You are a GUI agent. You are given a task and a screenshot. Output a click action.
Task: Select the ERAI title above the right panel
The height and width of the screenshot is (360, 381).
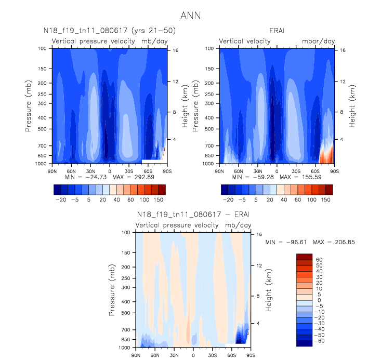pyautogui.click(x=277, y=31)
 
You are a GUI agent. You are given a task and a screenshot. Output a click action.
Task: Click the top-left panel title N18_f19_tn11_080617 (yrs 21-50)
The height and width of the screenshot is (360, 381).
pyautogui.click(x=109, y=31)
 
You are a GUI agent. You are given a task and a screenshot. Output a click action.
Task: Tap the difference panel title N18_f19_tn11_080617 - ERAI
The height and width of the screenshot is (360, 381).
pyautogui.click(x=193, y=215)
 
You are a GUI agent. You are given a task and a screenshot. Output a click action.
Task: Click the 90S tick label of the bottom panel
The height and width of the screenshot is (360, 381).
pyautogui.click(x=250, y=355)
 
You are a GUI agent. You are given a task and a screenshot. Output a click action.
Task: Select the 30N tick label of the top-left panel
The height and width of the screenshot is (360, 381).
pyautogui.click(x=90, y=170)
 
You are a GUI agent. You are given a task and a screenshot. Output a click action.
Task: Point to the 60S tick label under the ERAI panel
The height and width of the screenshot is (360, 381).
pyautogui.click(x=315, y=170)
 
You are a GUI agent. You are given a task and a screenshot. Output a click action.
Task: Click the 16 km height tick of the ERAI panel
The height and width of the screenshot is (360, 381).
pyautogui.click(x=343, y=50)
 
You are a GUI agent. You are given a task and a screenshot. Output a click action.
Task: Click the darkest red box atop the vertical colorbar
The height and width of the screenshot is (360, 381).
pyautogui.click(x=304, y=257)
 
